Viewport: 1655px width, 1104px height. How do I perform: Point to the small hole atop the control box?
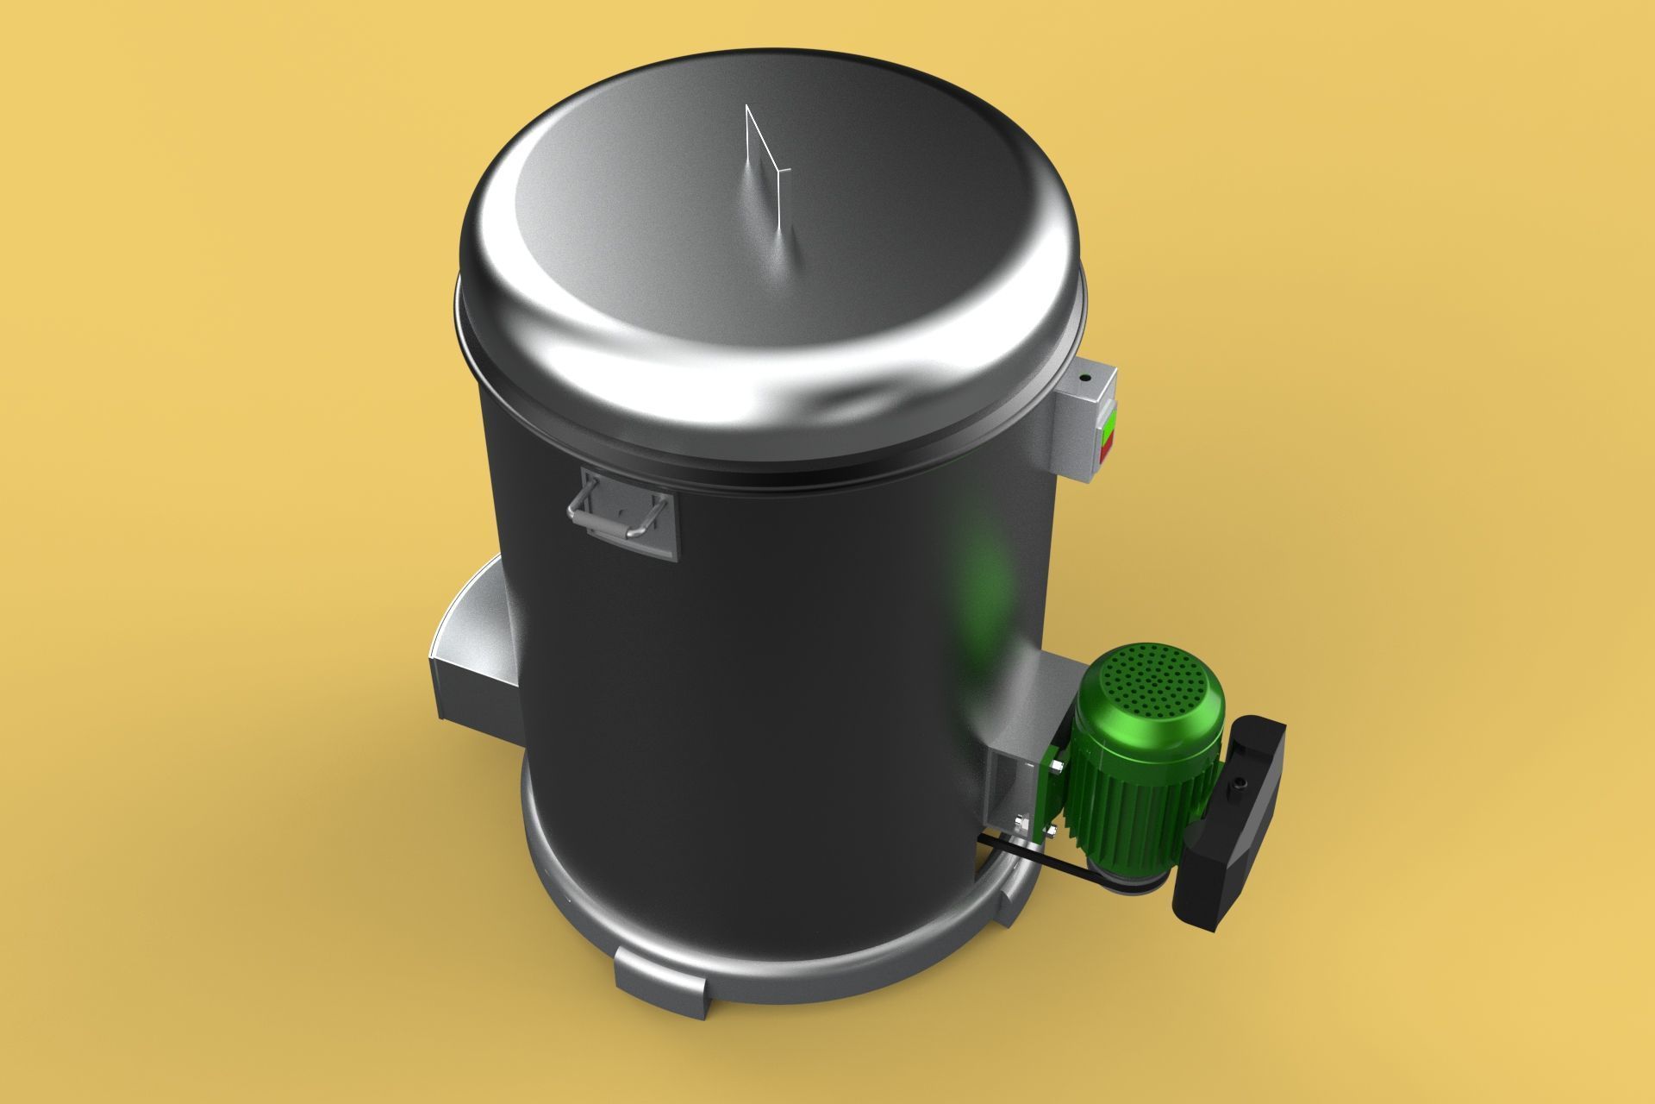click(x=1085, y=378)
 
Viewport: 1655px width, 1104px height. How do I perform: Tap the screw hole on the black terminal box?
click(x=1240, y=784)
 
